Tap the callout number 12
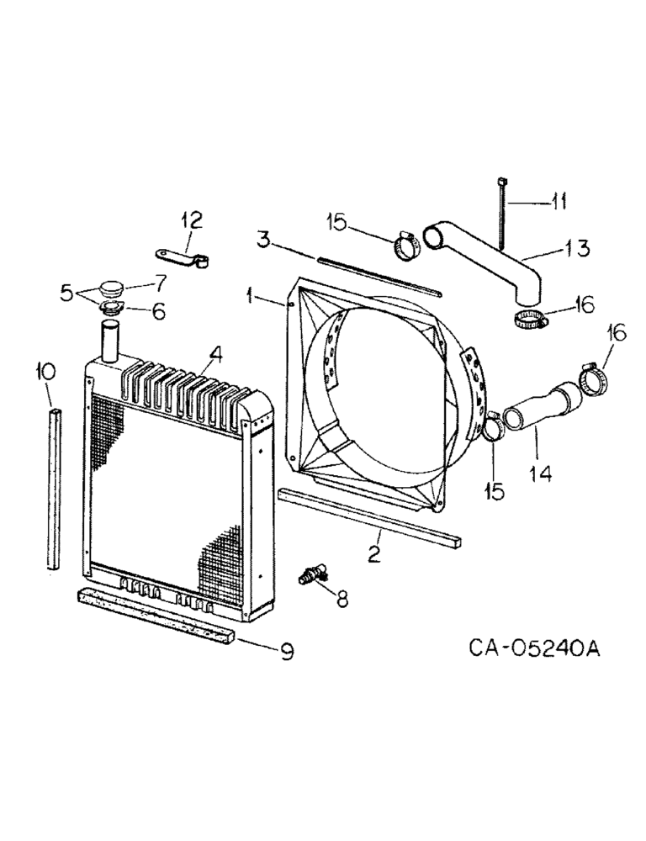[191, 221]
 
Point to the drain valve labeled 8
[312, 576]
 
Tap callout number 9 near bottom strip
[286, 652]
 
